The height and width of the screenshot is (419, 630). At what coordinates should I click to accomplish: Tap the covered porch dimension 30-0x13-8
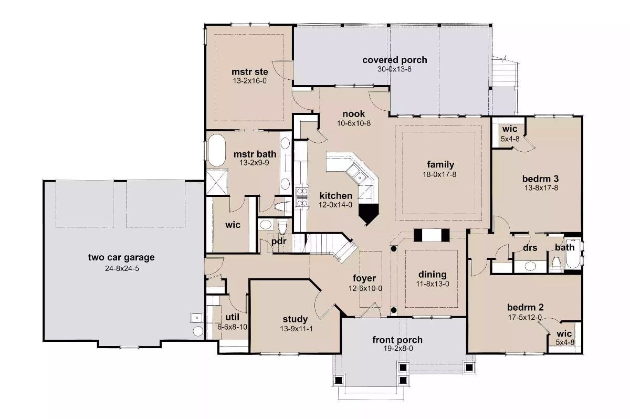(394, 69)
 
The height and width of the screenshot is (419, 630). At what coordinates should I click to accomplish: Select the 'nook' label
(354, 114)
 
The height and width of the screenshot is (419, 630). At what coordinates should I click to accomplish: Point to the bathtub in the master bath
(216, 151)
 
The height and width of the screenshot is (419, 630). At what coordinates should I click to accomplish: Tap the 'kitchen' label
(335, 196)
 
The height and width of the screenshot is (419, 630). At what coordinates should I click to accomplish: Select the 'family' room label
(440, 164)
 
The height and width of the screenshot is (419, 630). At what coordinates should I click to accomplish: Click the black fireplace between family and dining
(432, 235)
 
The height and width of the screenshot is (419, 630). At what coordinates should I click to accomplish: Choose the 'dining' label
(432, 274)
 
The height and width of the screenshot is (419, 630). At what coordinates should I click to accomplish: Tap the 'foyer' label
(364, 278)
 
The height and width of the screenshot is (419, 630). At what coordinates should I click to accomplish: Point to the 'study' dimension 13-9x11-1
(295, 328)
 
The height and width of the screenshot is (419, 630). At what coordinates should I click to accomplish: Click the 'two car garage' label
(121, 257)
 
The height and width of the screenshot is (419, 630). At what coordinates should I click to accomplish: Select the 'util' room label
(233, 317)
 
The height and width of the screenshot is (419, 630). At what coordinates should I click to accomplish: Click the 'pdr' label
(278, 242)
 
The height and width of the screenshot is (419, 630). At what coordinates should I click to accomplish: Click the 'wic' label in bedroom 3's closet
(510, 129)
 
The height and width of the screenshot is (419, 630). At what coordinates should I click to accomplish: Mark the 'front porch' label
(397, 340)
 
